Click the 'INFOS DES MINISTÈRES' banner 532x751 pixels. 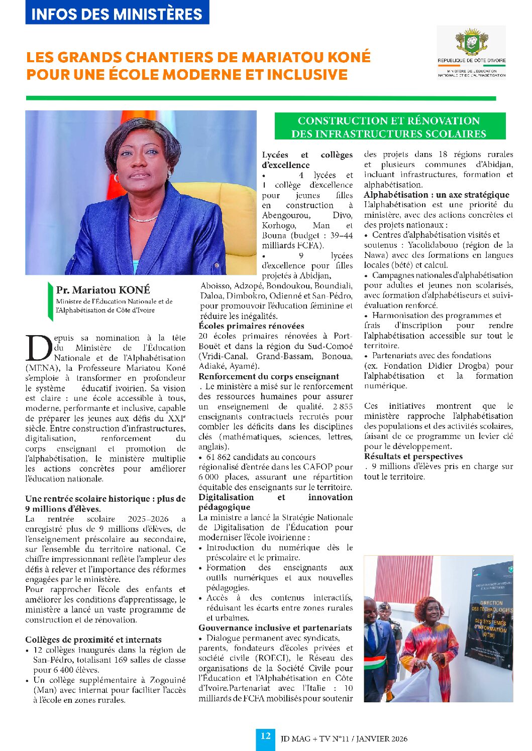pos(117,14)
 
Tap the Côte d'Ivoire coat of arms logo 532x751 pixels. pos(471,43)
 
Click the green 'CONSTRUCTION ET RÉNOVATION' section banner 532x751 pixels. pos(389,127)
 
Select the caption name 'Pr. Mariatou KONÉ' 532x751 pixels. pos(103,290)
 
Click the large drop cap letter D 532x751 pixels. pos(38,348)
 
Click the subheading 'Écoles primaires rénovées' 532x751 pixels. pos(251,326)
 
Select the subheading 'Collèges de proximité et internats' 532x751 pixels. pos(93,640)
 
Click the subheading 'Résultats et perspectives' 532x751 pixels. pos(413,457)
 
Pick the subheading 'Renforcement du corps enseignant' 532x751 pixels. pos(268,376)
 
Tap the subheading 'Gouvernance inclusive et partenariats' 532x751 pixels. pos(275,628)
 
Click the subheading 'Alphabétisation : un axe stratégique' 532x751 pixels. pos(436,195)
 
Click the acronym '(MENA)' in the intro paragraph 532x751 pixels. pos(42,368)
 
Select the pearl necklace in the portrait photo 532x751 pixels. pos(144,218)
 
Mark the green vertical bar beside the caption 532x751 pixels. pos(50,301)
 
